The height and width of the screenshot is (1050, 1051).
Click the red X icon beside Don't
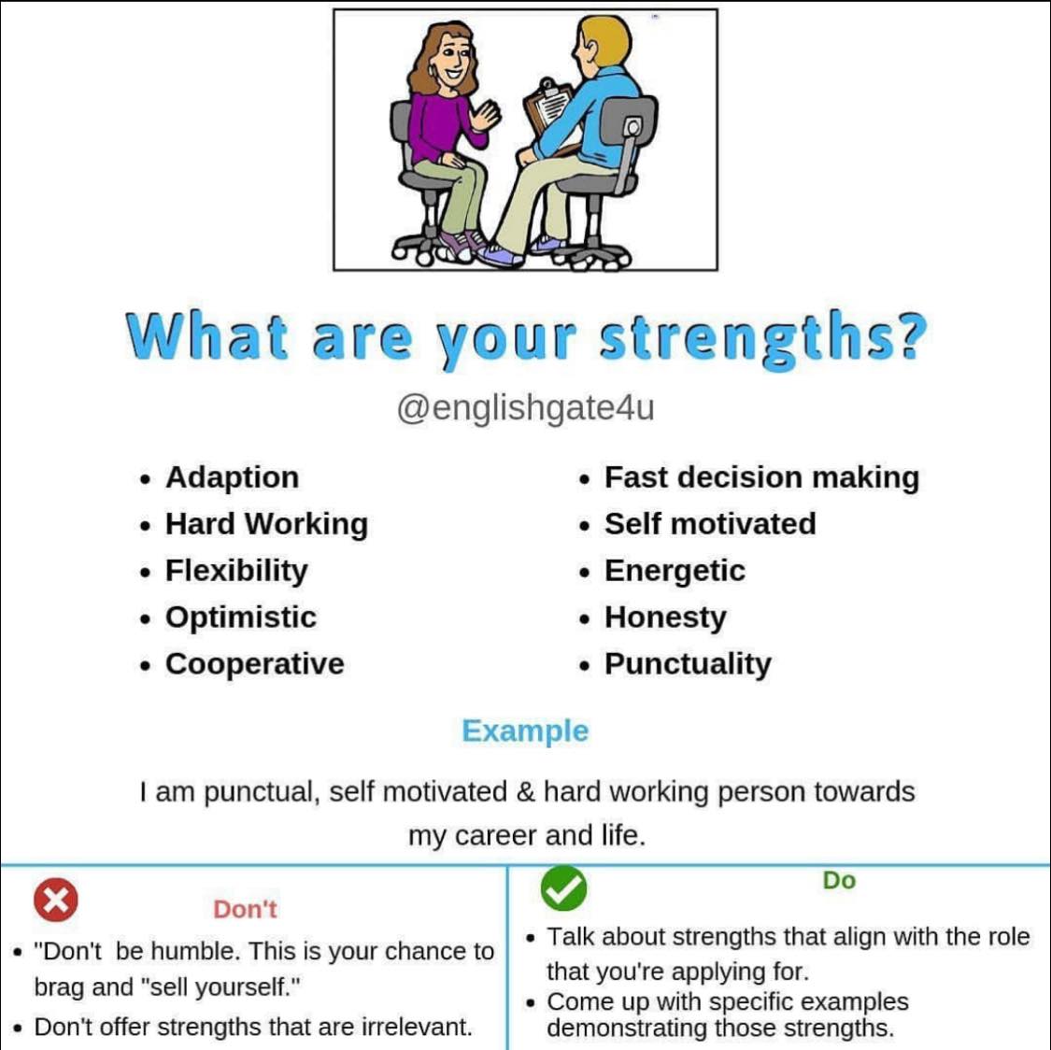56,901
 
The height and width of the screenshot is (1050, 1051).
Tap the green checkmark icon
563,888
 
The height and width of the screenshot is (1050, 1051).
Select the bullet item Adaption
232,477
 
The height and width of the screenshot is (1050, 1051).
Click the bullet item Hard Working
266,524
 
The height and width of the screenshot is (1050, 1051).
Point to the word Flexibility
236,571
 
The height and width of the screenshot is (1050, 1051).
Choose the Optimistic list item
240,617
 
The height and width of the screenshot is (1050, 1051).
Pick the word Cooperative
254,664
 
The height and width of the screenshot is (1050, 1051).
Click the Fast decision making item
761,477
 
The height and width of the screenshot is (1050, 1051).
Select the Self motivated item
710,524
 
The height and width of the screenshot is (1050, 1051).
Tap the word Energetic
675,571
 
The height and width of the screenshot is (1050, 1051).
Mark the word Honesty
665,617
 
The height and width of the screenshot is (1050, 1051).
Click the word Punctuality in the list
688,664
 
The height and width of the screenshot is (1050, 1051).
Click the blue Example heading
525,731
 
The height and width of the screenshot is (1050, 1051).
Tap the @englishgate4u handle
525,408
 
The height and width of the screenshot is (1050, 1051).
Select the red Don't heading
245,909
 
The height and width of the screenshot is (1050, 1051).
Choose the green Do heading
839,881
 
